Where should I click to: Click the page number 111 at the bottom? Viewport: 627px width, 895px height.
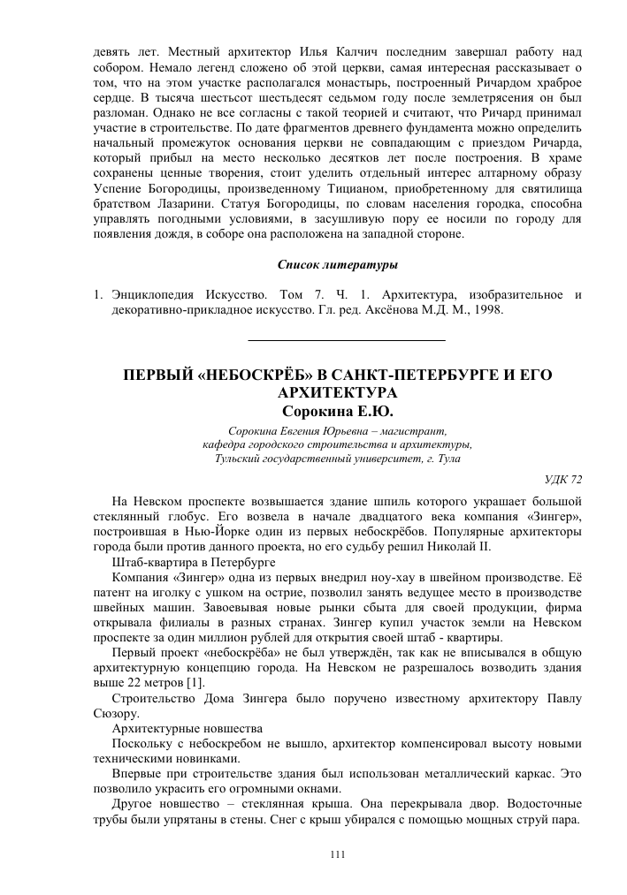click(336, 853)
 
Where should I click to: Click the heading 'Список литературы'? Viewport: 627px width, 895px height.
click(338, 264)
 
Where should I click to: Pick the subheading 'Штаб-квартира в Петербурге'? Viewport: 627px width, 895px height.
click(182, 563)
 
